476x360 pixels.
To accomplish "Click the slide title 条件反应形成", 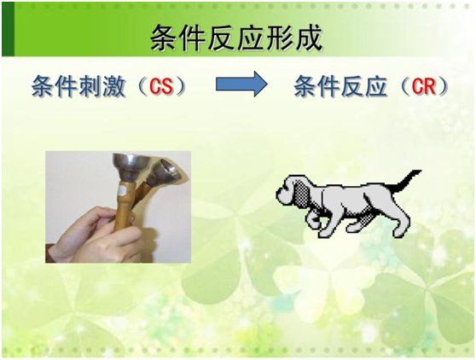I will pyautogui.click(x=236, y=37).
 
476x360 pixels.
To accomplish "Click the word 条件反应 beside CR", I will pyautogui.click(x=341, y=86).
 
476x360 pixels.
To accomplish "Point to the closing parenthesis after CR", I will pyautogui.click(x=443, y=86).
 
